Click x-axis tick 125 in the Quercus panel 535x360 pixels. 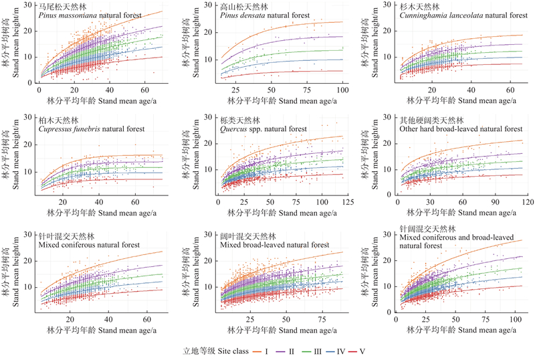coord(343,201)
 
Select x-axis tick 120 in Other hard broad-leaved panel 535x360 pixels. coord(526,201)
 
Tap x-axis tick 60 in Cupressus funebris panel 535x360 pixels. coord(136,201)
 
